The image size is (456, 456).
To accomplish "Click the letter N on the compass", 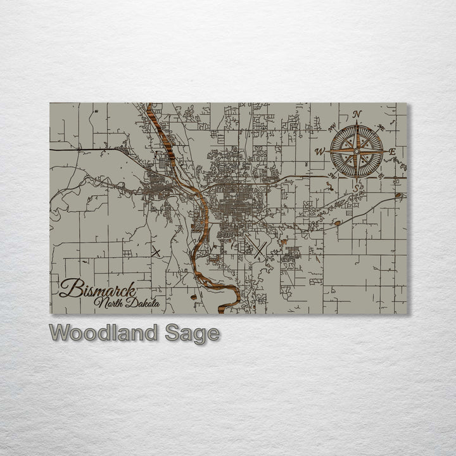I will pyautogui.click(x=357, y=115).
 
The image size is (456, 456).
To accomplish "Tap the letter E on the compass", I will pyautogui.click(x=392, y=152).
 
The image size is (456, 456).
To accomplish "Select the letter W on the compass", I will pyautogui.click(x=320, y=151).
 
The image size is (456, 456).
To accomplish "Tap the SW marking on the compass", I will pyautogui.click(x=332, y=175).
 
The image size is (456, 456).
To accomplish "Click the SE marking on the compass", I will pyautogui.click(x=381, y=175).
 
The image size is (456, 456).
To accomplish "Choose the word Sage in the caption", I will pyautogui.click(x=193, y=334).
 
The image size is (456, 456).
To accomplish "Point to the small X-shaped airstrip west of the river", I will pyautogui.click(x=156, y=251).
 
